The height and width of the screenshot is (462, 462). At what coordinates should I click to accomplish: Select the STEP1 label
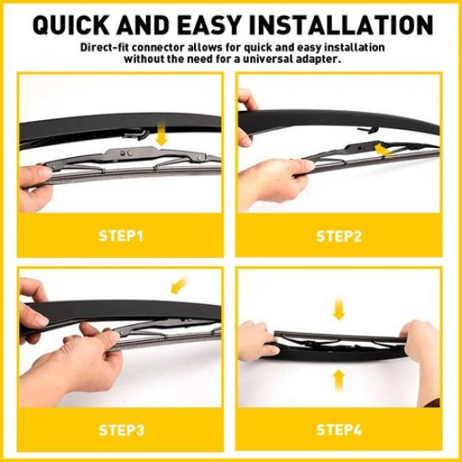coord(120,235)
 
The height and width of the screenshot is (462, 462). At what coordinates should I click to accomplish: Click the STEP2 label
coord(339,235)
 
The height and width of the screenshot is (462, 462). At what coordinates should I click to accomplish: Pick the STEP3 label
coord(120,431)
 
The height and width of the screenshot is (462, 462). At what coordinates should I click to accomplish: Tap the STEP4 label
coord(339,431)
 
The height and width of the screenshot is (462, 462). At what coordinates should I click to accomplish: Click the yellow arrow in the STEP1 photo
coord(162,134)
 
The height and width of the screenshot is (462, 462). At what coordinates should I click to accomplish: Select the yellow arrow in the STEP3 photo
coord(177,286)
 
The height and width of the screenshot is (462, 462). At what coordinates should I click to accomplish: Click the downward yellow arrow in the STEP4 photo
coord(339,311)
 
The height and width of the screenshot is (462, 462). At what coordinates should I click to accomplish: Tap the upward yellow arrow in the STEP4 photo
coord(339,378)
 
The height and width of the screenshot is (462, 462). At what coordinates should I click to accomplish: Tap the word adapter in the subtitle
coord(318,59)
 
